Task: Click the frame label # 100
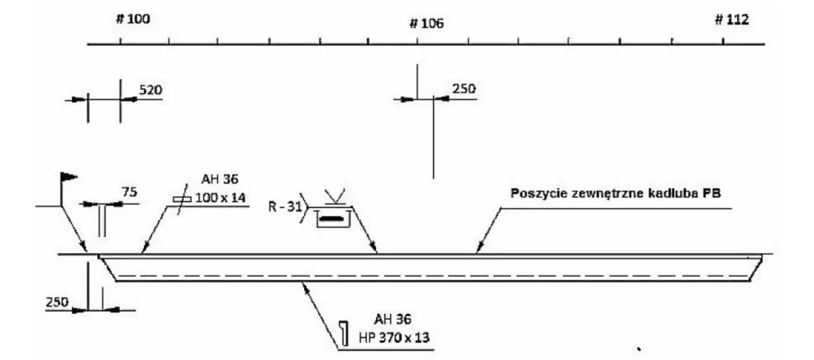(x=133, y=19)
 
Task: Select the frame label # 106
(x=427, y=24)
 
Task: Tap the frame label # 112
(x=732, y=20)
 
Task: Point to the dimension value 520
(x=151, y=89)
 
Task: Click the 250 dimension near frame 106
(x=464, y=89)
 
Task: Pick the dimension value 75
(x=130, y=192)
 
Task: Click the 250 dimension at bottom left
(x=57, y=302)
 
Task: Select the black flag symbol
(x=69, y=177)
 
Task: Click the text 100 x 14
(x=220, y=198)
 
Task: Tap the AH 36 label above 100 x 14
(x=220, y=179)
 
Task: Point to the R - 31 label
(x=285, y=207)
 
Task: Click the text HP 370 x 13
(x=394, y=338)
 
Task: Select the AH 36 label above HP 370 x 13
(x=393, y=319)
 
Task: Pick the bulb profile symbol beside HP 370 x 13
(x=344, y=333)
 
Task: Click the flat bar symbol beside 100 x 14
(x=182, y=199)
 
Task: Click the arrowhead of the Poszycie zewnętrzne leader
(x=478, y=249)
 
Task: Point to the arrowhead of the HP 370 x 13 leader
(x=306, y=288)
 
